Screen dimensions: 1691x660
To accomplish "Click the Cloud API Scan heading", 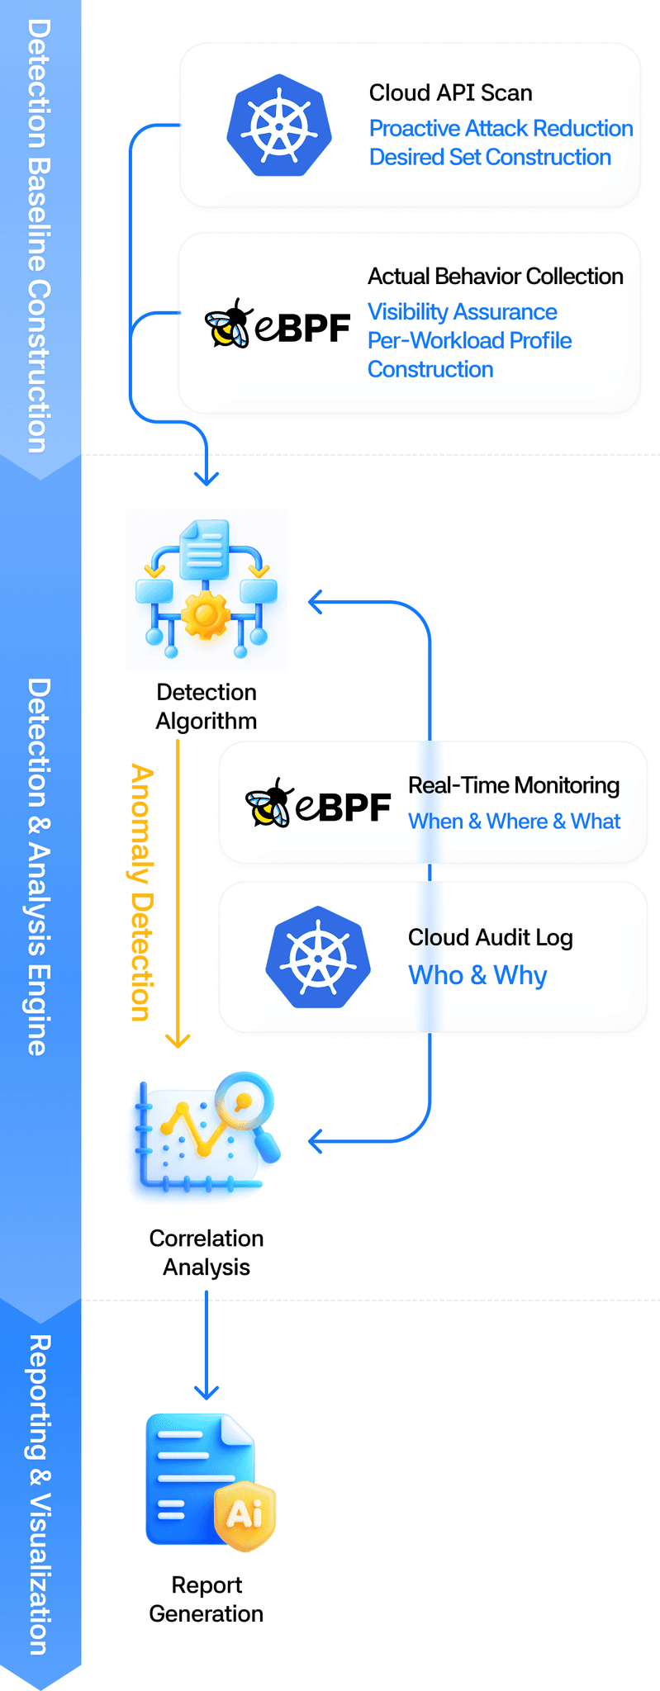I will coord(450,92).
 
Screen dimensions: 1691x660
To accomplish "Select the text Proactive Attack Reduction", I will coord(501,129).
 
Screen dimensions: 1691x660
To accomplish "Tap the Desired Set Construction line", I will coord(490,157).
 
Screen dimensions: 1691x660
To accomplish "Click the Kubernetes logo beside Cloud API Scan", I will coord(279,126).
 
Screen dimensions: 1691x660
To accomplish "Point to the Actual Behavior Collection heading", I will coord(495,276).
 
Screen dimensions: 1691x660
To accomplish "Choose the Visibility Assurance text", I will coord(462,312).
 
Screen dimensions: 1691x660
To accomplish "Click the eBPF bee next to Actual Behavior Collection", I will coord(228,324).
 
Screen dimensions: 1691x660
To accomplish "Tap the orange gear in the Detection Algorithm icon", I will coord(206,614).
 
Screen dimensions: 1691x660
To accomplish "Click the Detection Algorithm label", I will coord(207,706).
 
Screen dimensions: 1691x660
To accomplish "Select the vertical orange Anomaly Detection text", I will coord(142,892).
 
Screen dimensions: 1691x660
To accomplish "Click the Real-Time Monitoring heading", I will coord(513,785).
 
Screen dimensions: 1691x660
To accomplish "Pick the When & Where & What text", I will coord(514,822).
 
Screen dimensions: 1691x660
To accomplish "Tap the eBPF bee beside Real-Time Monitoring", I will coord(269,803).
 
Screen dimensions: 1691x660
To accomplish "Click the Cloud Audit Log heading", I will coord(490,937).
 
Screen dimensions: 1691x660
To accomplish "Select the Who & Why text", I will coord(477,975).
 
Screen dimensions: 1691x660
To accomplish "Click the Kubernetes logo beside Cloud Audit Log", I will coord(318,957).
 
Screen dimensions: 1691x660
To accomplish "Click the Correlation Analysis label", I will coord(207,1253).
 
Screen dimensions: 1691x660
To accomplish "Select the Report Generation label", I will coord(207,1599).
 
